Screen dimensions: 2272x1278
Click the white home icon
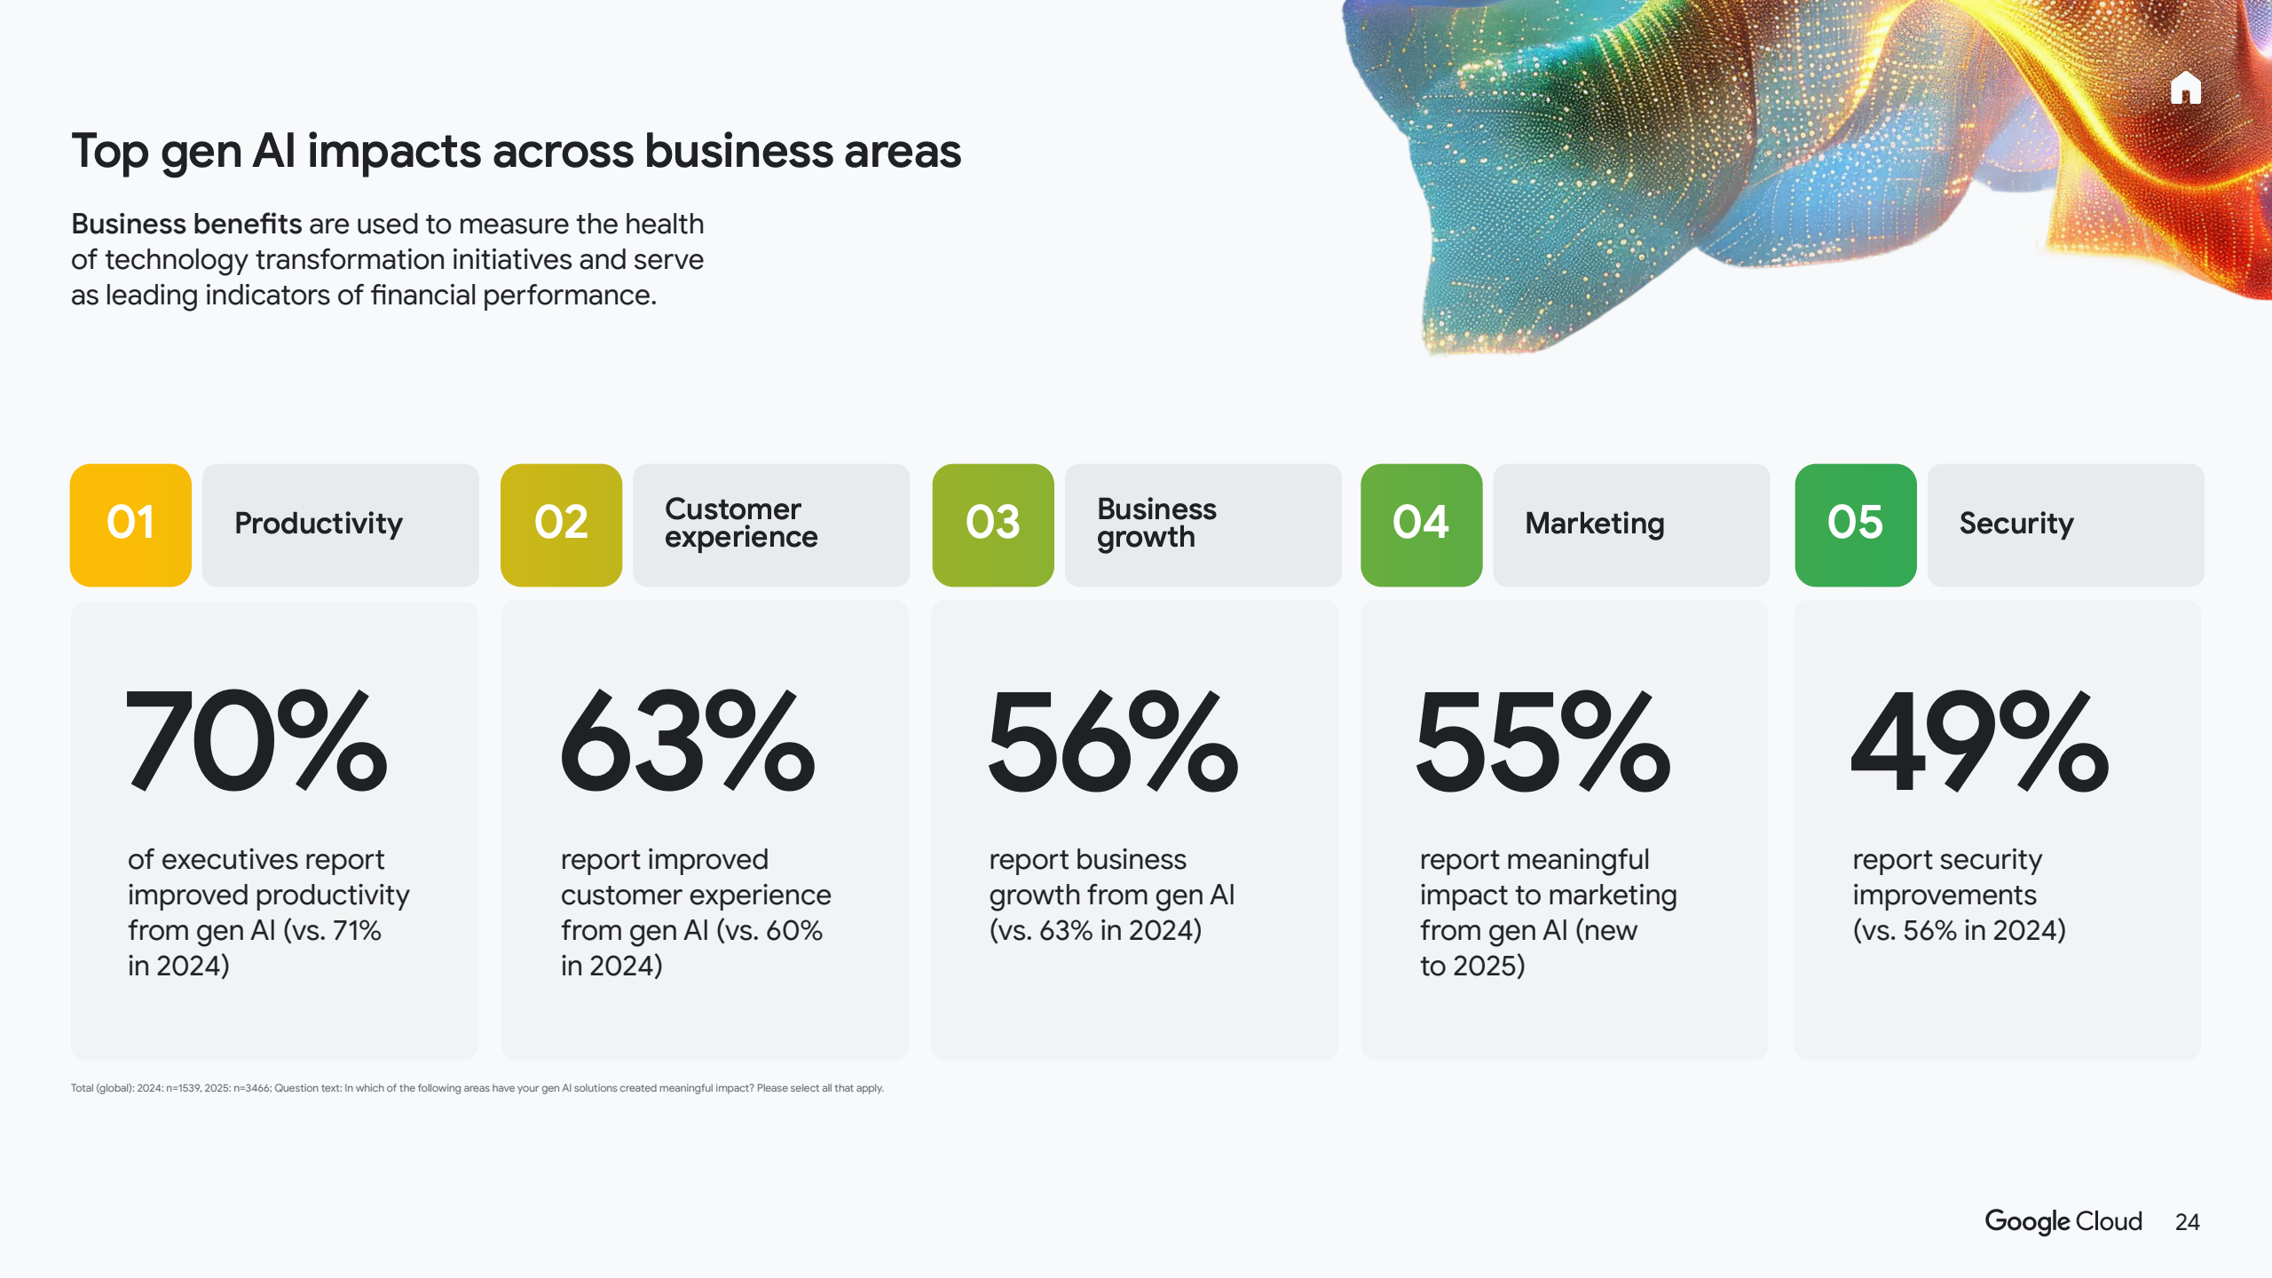pos(2186,88)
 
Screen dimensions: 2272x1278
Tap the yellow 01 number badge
pos(130,525)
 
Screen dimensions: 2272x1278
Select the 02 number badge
pos(561,525)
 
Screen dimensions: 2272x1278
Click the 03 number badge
pos(993,525)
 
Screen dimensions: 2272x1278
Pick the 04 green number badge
pos(1421,525)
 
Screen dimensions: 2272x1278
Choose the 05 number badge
pos(1856,525)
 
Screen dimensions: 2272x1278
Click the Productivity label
pos(319,524)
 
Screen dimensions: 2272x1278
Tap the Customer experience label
pos(741,523)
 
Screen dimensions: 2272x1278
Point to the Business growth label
pos(1156,523)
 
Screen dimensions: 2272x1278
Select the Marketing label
pos(1595,524)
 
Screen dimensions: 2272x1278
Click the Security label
pos(2016,524)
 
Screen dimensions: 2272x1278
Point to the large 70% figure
pos(257,741)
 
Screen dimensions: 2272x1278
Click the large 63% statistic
pos(688,741)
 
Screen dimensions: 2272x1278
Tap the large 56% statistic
pos(1114,741)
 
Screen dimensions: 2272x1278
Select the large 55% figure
pos(1543,741)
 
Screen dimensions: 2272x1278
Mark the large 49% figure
pos(1980,741)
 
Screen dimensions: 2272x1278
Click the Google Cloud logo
pos(2063,1222)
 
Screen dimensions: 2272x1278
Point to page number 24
pos(2188,1222)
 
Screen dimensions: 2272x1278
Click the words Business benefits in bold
pos(186,224)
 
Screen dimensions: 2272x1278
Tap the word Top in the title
pos(109,151)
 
